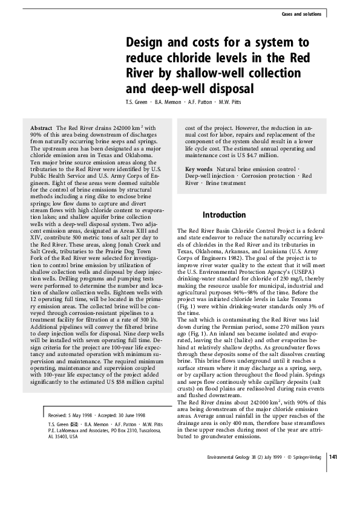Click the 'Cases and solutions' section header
(301, 14)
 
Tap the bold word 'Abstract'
(41, 128)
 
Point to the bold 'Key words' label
(198, 169)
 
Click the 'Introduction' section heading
(224, 215)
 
